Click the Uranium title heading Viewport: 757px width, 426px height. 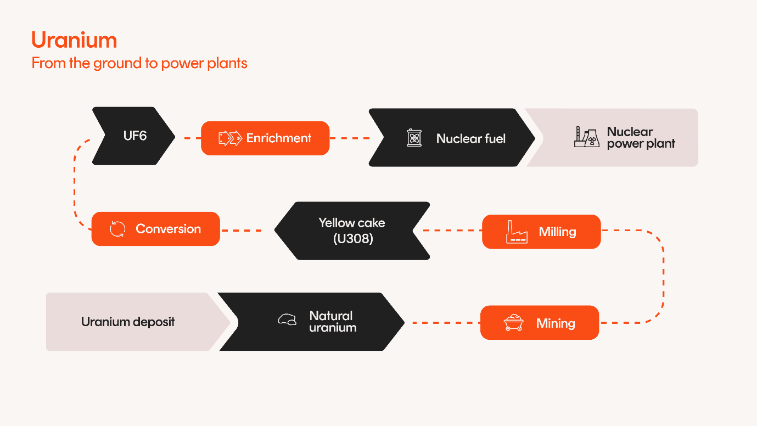point(74,41)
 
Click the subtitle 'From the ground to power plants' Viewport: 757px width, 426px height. point(139,63)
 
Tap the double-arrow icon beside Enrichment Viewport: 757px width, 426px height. point(230,138)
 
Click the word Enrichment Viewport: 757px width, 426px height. point(279,138)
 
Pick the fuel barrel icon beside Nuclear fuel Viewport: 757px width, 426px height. point(414,138)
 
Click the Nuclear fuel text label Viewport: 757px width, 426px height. point(470,138)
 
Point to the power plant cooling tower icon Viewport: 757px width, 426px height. point(586,137)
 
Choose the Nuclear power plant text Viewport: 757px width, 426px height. point(641,138)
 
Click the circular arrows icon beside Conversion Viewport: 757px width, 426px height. point(117,229)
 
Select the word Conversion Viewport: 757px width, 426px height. point(168,229)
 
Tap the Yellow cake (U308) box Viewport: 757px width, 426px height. point(352,231)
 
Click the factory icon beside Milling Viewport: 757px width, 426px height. point(516,232)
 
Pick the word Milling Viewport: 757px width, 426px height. point(557,232)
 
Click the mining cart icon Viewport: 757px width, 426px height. point(513,323)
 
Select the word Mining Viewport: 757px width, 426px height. point(556,323)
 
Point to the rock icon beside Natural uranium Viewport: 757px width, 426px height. point(287,319)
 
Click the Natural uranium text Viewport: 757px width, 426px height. point(332,322)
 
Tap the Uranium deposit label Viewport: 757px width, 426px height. point(128,322)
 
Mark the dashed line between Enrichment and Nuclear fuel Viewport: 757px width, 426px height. point(349,138)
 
